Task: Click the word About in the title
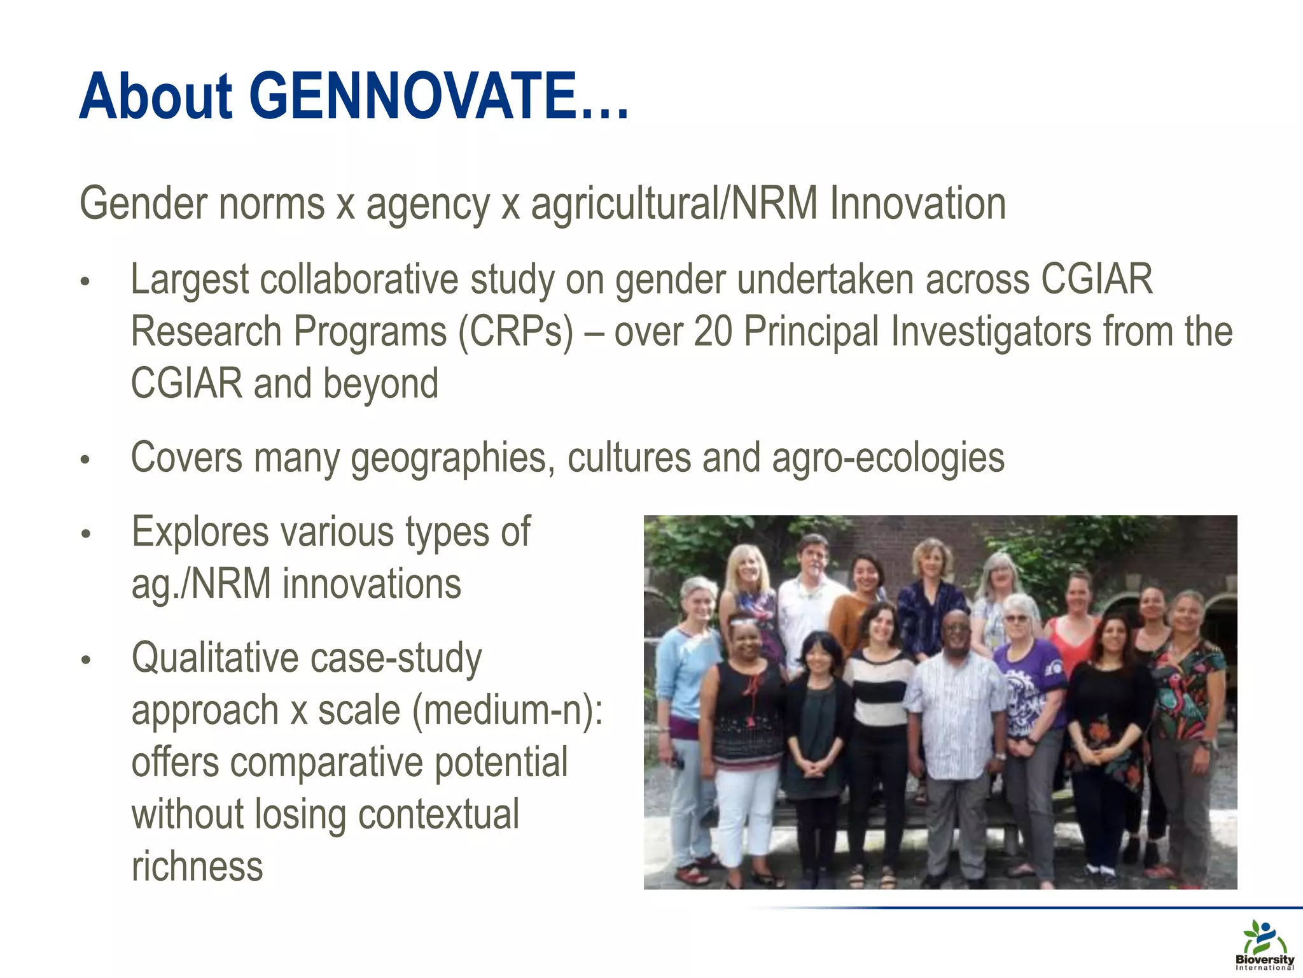point(156,97)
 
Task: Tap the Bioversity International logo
point(1264,945)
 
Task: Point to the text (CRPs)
point(516,332)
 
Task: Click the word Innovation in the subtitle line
point(917,204)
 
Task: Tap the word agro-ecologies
point(888,458)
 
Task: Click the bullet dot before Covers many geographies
point(86,460)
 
